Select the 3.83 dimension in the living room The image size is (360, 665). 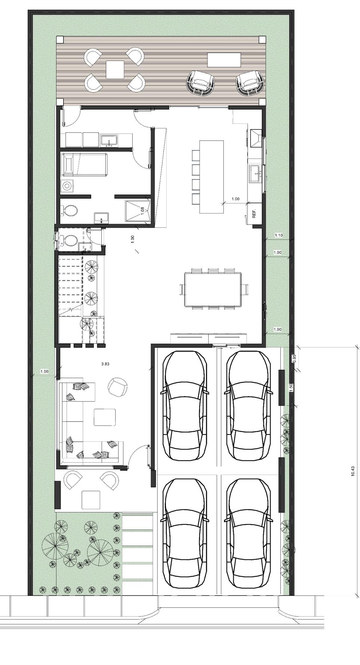[x=105, y=363]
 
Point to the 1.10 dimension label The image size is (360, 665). [x=279, y=235]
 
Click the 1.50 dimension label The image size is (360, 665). [x=291, y=388]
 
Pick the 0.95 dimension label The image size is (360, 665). [x=294, y=358]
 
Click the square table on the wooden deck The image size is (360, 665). [x=115, y=70]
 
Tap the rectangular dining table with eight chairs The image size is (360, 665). [x=213, y=289]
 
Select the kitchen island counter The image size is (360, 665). [x=211, y=177]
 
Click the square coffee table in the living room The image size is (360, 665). [x=105, y=417]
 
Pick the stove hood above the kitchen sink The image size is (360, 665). [x=257, y=138]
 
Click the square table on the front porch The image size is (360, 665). [x=91, y=500]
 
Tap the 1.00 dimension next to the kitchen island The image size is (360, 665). [x=236, y=199]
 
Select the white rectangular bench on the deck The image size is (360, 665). [x=224, y=60]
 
